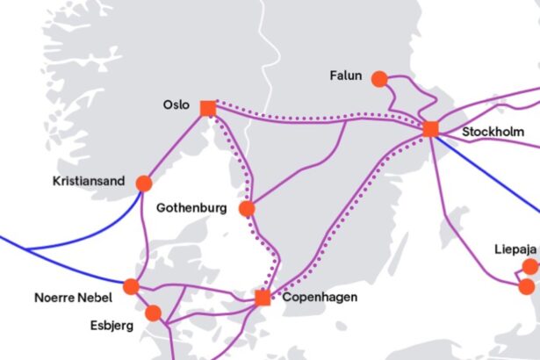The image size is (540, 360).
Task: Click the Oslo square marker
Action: coord(208,108)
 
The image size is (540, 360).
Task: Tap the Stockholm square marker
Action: coord(430,129)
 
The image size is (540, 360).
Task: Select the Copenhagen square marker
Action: coord(263,298)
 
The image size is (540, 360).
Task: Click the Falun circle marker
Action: coord(379,79)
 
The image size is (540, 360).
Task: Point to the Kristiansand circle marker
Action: coord(143,184)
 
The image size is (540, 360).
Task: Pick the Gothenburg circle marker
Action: coord(247,208)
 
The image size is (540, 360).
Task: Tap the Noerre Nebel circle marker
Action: coord(132,286)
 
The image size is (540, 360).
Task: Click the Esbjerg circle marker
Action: coord(154,313)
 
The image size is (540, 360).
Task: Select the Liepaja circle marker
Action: coord(529,266)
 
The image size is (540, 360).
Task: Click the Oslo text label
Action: coord(176,104)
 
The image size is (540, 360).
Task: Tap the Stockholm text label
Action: coord(493,132)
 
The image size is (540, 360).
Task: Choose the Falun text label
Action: coord(347,76)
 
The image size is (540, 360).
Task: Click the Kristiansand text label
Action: coord(89,182)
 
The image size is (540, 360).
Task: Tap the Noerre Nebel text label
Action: coord(74,297)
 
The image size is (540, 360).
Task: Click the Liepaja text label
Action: coord(515,247)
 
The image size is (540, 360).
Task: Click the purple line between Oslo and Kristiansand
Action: coord(176,146)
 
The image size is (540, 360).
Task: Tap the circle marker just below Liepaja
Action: coord(526,286)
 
